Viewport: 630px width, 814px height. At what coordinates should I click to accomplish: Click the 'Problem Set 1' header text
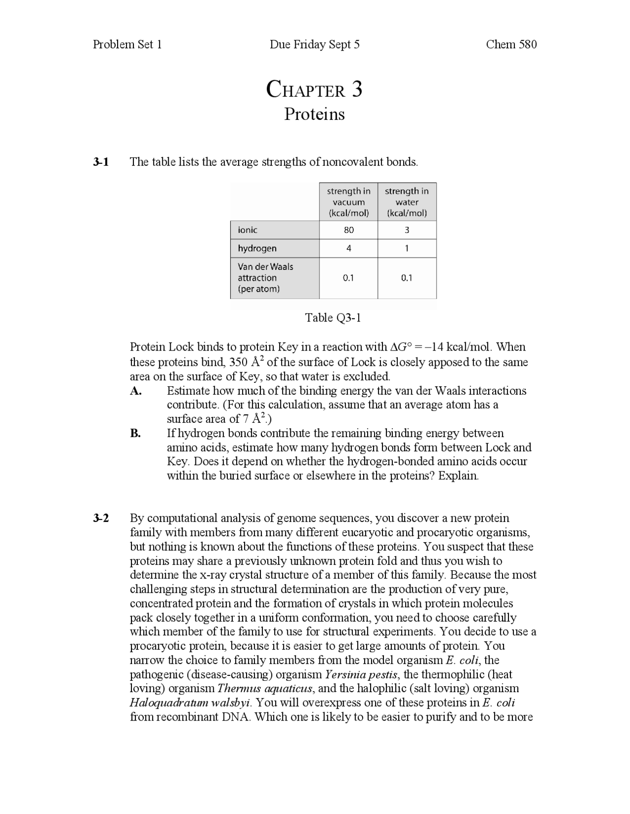[127, 45]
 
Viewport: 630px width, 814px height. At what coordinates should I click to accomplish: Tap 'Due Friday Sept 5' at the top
[315, 45]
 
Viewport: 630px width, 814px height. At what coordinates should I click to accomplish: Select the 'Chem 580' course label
[511, 45]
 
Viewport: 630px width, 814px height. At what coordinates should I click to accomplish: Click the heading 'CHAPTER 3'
[315, 90]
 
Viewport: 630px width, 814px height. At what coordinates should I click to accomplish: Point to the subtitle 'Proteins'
[315, 114]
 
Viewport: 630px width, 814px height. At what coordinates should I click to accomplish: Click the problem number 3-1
[101, 162]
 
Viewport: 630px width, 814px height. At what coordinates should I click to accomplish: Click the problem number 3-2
[101, 518]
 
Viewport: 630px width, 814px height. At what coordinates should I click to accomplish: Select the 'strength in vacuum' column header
[348, 202]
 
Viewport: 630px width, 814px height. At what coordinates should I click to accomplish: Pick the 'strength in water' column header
[407, 202]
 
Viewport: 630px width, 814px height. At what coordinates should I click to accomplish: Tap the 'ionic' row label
[248, 230]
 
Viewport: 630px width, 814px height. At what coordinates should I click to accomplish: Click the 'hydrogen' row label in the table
[257, 248]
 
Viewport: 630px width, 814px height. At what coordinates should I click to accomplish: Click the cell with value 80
[348, 230]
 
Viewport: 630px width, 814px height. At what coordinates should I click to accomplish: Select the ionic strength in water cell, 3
[407, 230]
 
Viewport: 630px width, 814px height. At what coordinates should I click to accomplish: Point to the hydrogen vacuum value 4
[348, 248]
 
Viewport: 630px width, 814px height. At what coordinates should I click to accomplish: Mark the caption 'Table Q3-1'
[333, 318]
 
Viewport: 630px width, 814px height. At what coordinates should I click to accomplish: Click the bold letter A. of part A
[136, 391]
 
